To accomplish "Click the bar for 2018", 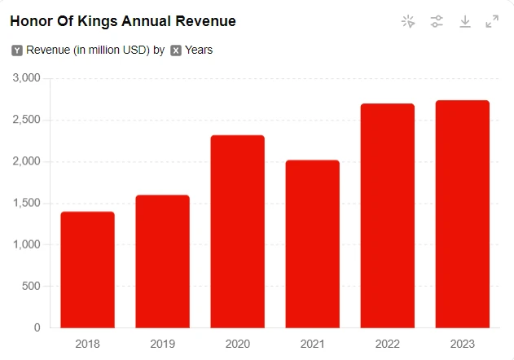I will pyautogui.click(x=87, y=270).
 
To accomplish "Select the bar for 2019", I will pyautogui.click(x=162, y=261).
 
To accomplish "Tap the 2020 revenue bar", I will pyautogui.click(x=237, y=231).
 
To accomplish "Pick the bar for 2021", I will pyautogui.click(x=312, y=244).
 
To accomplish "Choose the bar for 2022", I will pyautogui.click(x=387, y=216).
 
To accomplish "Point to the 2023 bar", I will pyautogui.click(x=462, y=214).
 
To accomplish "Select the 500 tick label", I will pyautogui.click(x=30, y=286).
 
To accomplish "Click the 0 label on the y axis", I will pyautogui.click(x=37, y=327).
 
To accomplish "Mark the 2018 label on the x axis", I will pyautogui.click(x=87, y=343).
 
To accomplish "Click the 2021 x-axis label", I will pyautogui.click(x=312, y=343).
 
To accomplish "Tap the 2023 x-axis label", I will pyautogui.click(x=462, y=343).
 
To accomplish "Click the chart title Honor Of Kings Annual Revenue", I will pyautogui.click(x=123, y=21).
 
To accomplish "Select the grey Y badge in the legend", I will pyautogui.click(x=17, y=50).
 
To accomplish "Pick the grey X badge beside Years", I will pyautogui.click(x=176, y=50).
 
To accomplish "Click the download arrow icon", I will pyautogui.click(x=465, y=22).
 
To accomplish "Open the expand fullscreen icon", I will pyautogui.click(x=492, y=22).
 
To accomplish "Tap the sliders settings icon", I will pyautogui.click(x=437, y=22).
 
